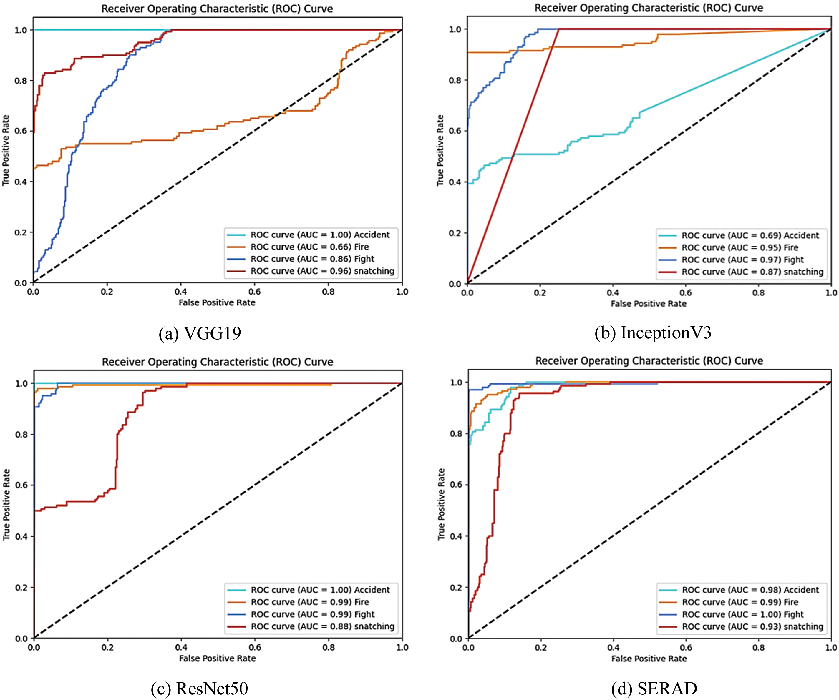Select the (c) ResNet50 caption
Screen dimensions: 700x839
[x=199, y=688]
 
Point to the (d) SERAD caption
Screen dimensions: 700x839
[x=654, y=688]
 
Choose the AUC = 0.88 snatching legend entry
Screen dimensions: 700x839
[x=322, y=626]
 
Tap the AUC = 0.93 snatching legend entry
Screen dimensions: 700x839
[x=752, y=626]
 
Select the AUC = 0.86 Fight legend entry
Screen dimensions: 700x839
[x=312, y=259]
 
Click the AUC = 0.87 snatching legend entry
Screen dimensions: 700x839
[x=752, y=272]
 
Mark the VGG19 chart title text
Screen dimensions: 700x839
[x=217, y=9]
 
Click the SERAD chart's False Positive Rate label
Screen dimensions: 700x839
[x=649, y=659]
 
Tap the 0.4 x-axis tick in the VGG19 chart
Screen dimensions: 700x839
[x=180, y=292]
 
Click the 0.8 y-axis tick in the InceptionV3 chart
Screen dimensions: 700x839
[x=455, y=80]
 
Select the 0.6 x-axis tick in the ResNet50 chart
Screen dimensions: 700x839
[x=255, y=647]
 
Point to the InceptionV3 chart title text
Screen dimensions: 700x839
[x=649, y=8]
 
